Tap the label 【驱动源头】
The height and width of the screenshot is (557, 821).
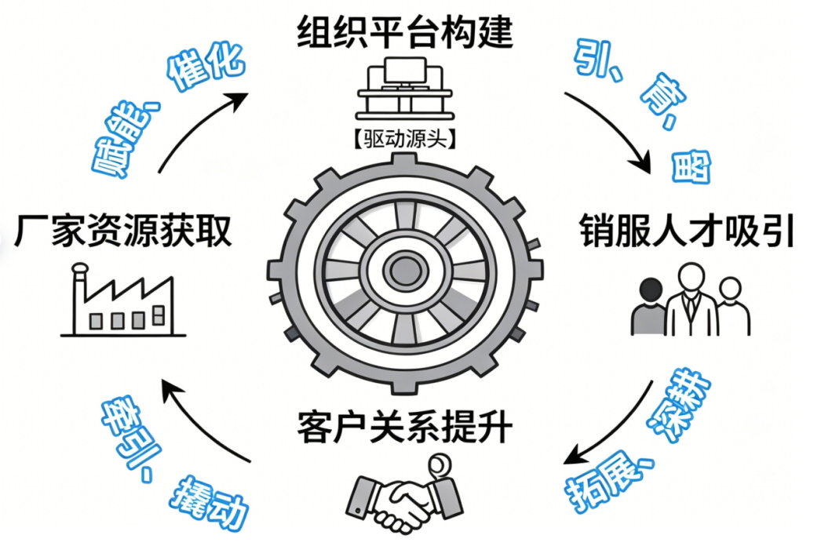tap(404, 139)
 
